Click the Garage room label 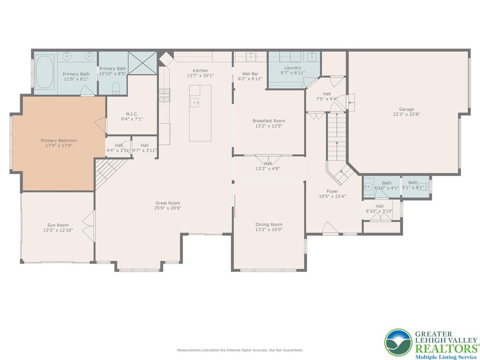[406, 109]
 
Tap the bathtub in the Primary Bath [45, 72]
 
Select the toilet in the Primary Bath [116, 88]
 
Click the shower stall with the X [142, 63]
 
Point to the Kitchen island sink [195, 102]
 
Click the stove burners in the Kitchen [164, 95]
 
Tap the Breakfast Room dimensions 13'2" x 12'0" [269, 126]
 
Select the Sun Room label [58, 225]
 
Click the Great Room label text [168, 203]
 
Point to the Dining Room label [269, 225]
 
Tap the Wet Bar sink [251, 56]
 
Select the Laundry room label [292, 67]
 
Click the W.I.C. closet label [132, 114]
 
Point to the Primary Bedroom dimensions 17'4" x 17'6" [59, 145]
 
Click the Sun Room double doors [89, 222]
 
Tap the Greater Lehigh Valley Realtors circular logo [398, 343]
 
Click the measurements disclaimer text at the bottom [240, 350]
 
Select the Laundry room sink [312, 56]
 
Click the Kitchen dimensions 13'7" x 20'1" [201, 75]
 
